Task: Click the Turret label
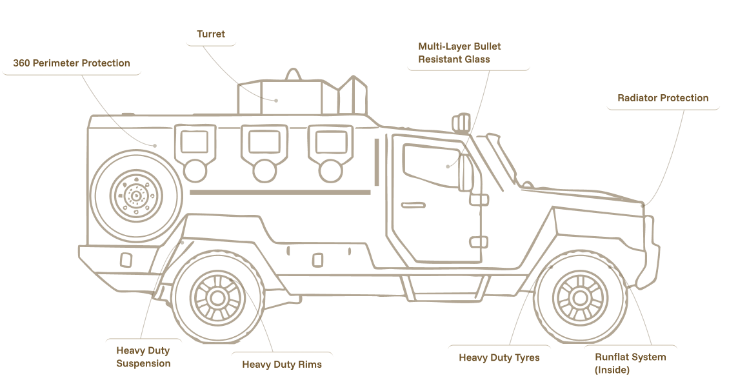(211, 34)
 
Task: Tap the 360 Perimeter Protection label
(72, 63)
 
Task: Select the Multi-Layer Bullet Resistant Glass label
(459, 52)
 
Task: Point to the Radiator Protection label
(663, 98)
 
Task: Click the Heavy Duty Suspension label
(143, 357)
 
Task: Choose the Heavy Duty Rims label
(282, 365)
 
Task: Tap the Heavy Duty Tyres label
(499, 357)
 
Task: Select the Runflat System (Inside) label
(630, 363)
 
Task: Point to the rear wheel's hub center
(218, 297)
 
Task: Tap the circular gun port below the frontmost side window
(330, 170)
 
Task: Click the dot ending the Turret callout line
(276, 100)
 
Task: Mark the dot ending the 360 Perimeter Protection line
(155, 145)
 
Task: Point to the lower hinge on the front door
(478, 242)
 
